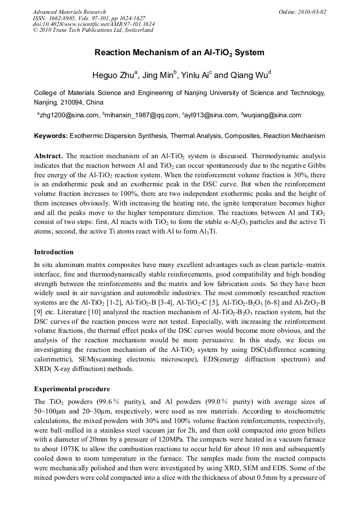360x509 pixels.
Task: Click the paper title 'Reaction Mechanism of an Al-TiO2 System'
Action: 179,53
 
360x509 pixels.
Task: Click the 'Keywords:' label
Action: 51,136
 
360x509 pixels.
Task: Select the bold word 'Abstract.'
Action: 49,157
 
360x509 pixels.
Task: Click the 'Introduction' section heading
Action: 54,252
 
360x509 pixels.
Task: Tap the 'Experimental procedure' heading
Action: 72,389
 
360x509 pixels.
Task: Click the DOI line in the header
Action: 94,24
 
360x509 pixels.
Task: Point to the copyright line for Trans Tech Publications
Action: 93,30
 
